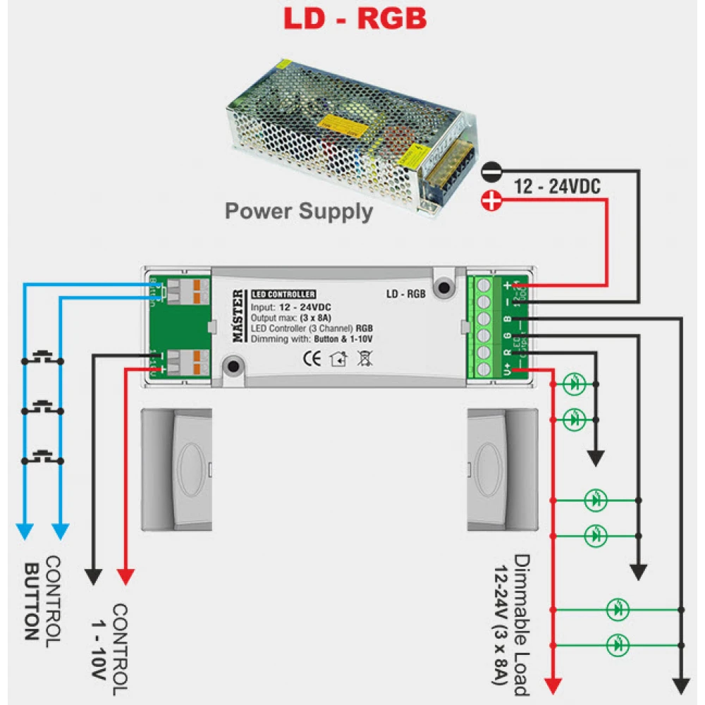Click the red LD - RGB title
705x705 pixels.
click(355, 19)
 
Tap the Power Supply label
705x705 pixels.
click(298, 211)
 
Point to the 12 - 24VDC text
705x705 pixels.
click(558, 187)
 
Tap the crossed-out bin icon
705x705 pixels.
click(364, 359)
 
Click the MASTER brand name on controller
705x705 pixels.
click(239, 319)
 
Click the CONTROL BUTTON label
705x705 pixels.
click(42, 599)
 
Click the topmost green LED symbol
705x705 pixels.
click(575, 384)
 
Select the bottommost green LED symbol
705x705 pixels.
click(618, 644)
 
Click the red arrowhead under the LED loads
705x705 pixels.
click(554, 685)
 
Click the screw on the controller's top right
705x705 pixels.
click(443, 288)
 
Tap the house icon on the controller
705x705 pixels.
click(338, 359)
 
